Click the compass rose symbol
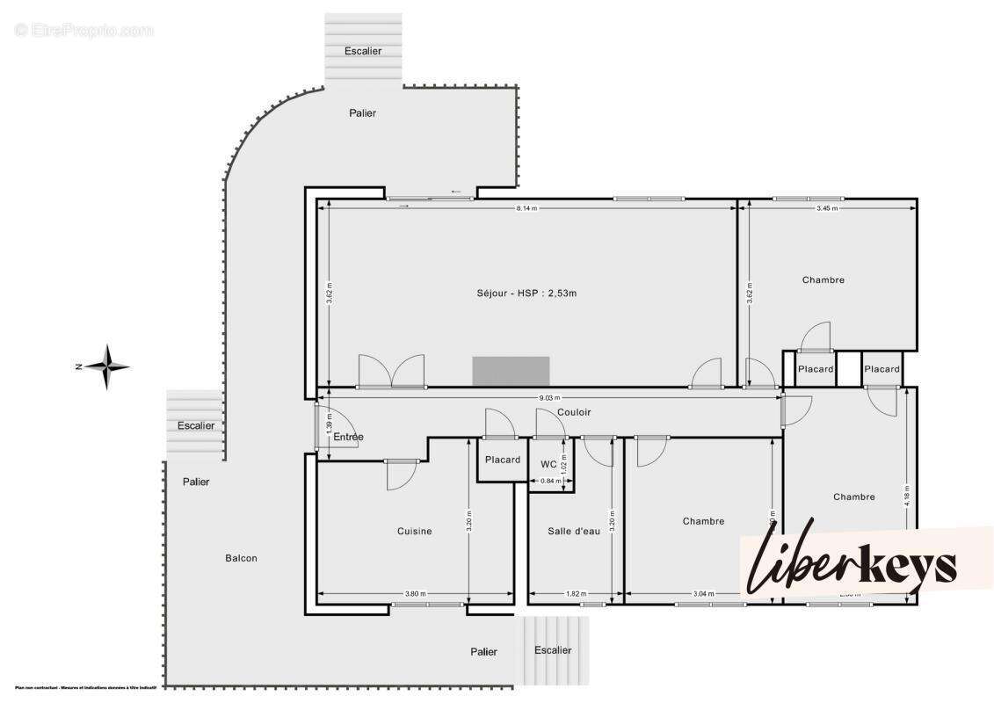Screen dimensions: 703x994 [106, 366]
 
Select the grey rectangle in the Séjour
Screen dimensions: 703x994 [511, 371]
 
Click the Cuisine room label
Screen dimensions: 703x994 [414, 531]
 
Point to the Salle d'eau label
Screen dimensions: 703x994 [574, 531]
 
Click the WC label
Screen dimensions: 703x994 [548, 464]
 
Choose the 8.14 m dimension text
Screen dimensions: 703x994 [526, 208]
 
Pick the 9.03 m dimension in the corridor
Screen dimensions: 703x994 [547, 398]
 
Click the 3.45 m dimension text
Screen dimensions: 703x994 [826, 208]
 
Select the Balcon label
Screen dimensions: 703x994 [241, 558]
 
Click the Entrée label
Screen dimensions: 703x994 [347, 437]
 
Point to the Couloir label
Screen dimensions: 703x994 [574, 412]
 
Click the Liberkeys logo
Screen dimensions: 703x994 [853, 562]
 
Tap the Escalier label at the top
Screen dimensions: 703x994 [363, 51]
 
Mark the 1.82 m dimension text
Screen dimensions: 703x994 [577, 594]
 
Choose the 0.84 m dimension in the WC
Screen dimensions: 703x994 [550, 481]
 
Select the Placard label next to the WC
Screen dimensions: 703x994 [503, 460]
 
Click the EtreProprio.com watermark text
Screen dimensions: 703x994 [84, 31]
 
